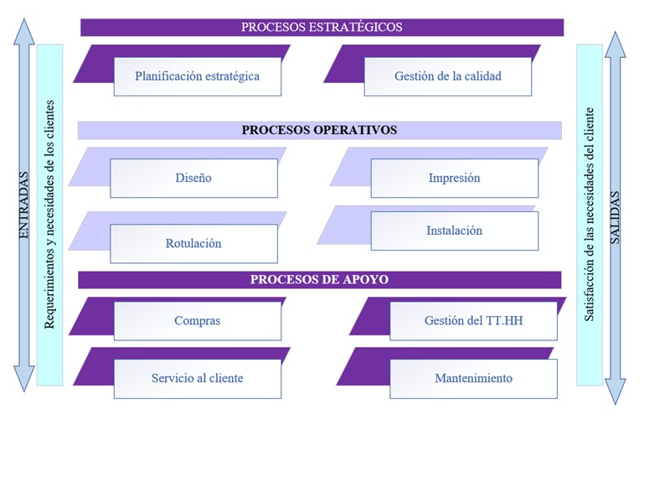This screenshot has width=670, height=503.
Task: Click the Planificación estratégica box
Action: pos(198,76)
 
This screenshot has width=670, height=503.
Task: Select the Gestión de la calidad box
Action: pos(448,76)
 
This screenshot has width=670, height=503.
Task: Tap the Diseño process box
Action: pos(193,178)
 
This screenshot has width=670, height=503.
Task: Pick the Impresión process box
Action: pos(454,178)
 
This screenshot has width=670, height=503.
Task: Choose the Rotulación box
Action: pos(193,243)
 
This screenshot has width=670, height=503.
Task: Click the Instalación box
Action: pos(454,231)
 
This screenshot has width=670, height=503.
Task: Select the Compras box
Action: pos(198,321)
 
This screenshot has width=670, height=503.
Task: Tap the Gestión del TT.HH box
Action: pos(473,321)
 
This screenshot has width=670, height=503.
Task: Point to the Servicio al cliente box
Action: pos(198,379)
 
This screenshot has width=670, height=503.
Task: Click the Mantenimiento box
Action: pos(473,379)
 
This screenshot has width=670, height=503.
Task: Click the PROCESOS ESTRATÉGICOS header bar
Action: pos(322,28)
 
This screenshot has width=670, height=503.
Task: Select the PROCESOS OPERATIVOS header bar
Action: pos(320,130)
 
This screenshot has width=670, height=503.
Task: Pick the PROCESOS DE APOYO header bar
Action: pos(320,280)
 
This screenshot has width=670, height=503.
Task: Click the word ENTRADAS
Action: pos(24,205)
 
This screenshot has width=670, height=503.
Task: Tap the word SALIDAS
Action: pos(615,218)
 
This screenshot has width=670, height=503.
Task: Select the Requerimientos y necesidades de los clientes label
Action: pos(49,215)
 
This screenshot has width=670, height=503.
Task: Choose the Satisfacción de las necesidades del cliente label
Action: pos(590,215)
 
